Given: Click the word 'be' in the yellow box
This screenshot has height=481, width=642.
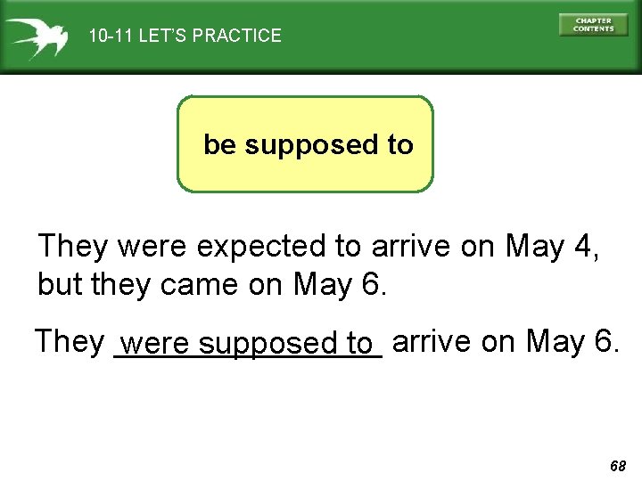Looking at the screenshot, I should [220, 144].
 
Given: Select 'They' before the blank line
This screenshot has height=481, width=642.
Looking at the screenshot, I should [70, 340].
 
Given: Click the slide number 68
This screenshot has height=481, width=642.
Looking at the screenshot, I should [618, 466].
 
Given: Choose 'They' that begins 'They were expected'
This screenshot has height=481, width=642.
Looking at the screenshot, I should [74, 246].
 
